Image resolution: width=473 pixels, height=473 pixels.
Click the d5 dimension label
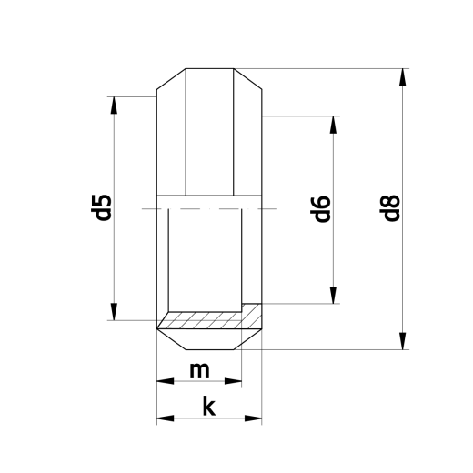coord(103,207)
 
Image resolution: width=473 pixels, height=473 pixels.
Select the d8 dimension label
coord(391,209)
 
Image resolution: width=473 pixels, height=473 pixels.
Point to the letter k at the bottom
coord(208,407)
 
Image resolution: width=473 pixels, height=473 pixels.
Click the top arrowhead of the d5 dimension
coord(114,103)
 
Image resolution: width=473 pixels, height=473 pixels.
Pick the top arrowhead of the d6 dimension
coord(335,125)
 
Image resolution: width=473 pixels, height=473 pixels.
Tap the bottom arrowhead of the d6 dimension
coord(335,295)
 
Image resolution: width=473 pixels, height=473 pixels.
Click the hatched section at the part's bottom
coord(208,320)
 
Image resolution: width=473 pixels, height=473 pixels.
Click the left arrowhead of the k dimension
coord(165,419)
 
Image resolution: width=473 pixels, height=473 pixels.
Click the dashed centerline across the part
coord(209,210)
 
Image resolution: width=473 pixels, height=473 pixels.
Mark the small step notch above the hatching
coord(247,303)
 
